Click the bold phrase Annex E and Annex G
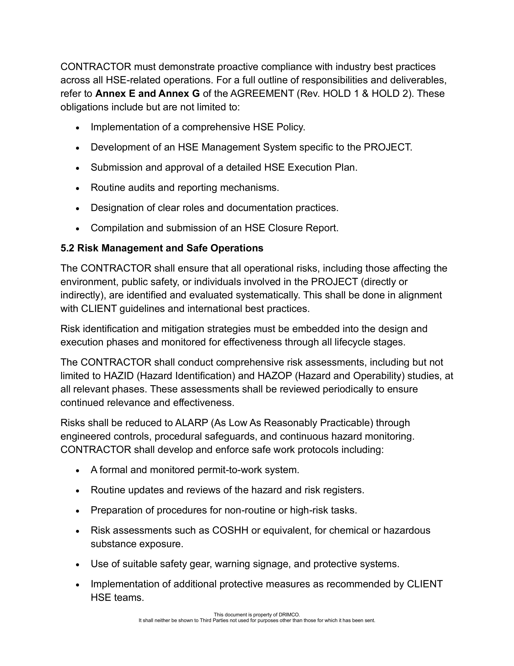click(x=148, y=93)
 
